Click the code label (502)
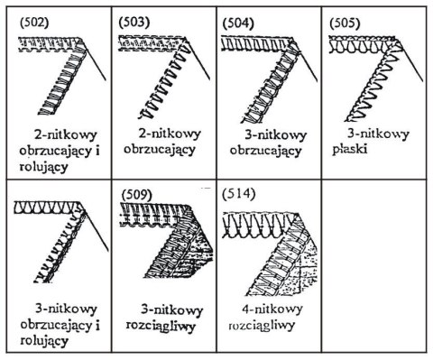coord(34,23)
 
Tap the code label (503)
coord(134,23)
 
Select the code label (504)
coord(238,23)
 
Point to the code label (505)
coord(345,23)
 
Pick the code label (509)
coord(137,195)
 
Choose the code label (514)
coord(239,194)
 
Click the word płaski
coord(350,149)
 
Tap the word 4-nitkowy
coord(272,309)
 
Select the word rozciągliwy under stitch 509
coord(161,327)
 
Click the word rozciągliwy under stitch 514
coord(262,326)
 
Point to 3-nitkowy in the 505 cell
coord(379,134)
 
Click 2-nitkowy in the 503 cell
coord(170,134)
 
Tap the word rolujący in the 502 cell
coord(44,167)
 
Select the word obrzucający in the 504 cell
coord(265,151)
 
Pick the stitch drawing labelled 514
coord(270,254)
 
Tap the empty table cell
coord(373,266)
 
